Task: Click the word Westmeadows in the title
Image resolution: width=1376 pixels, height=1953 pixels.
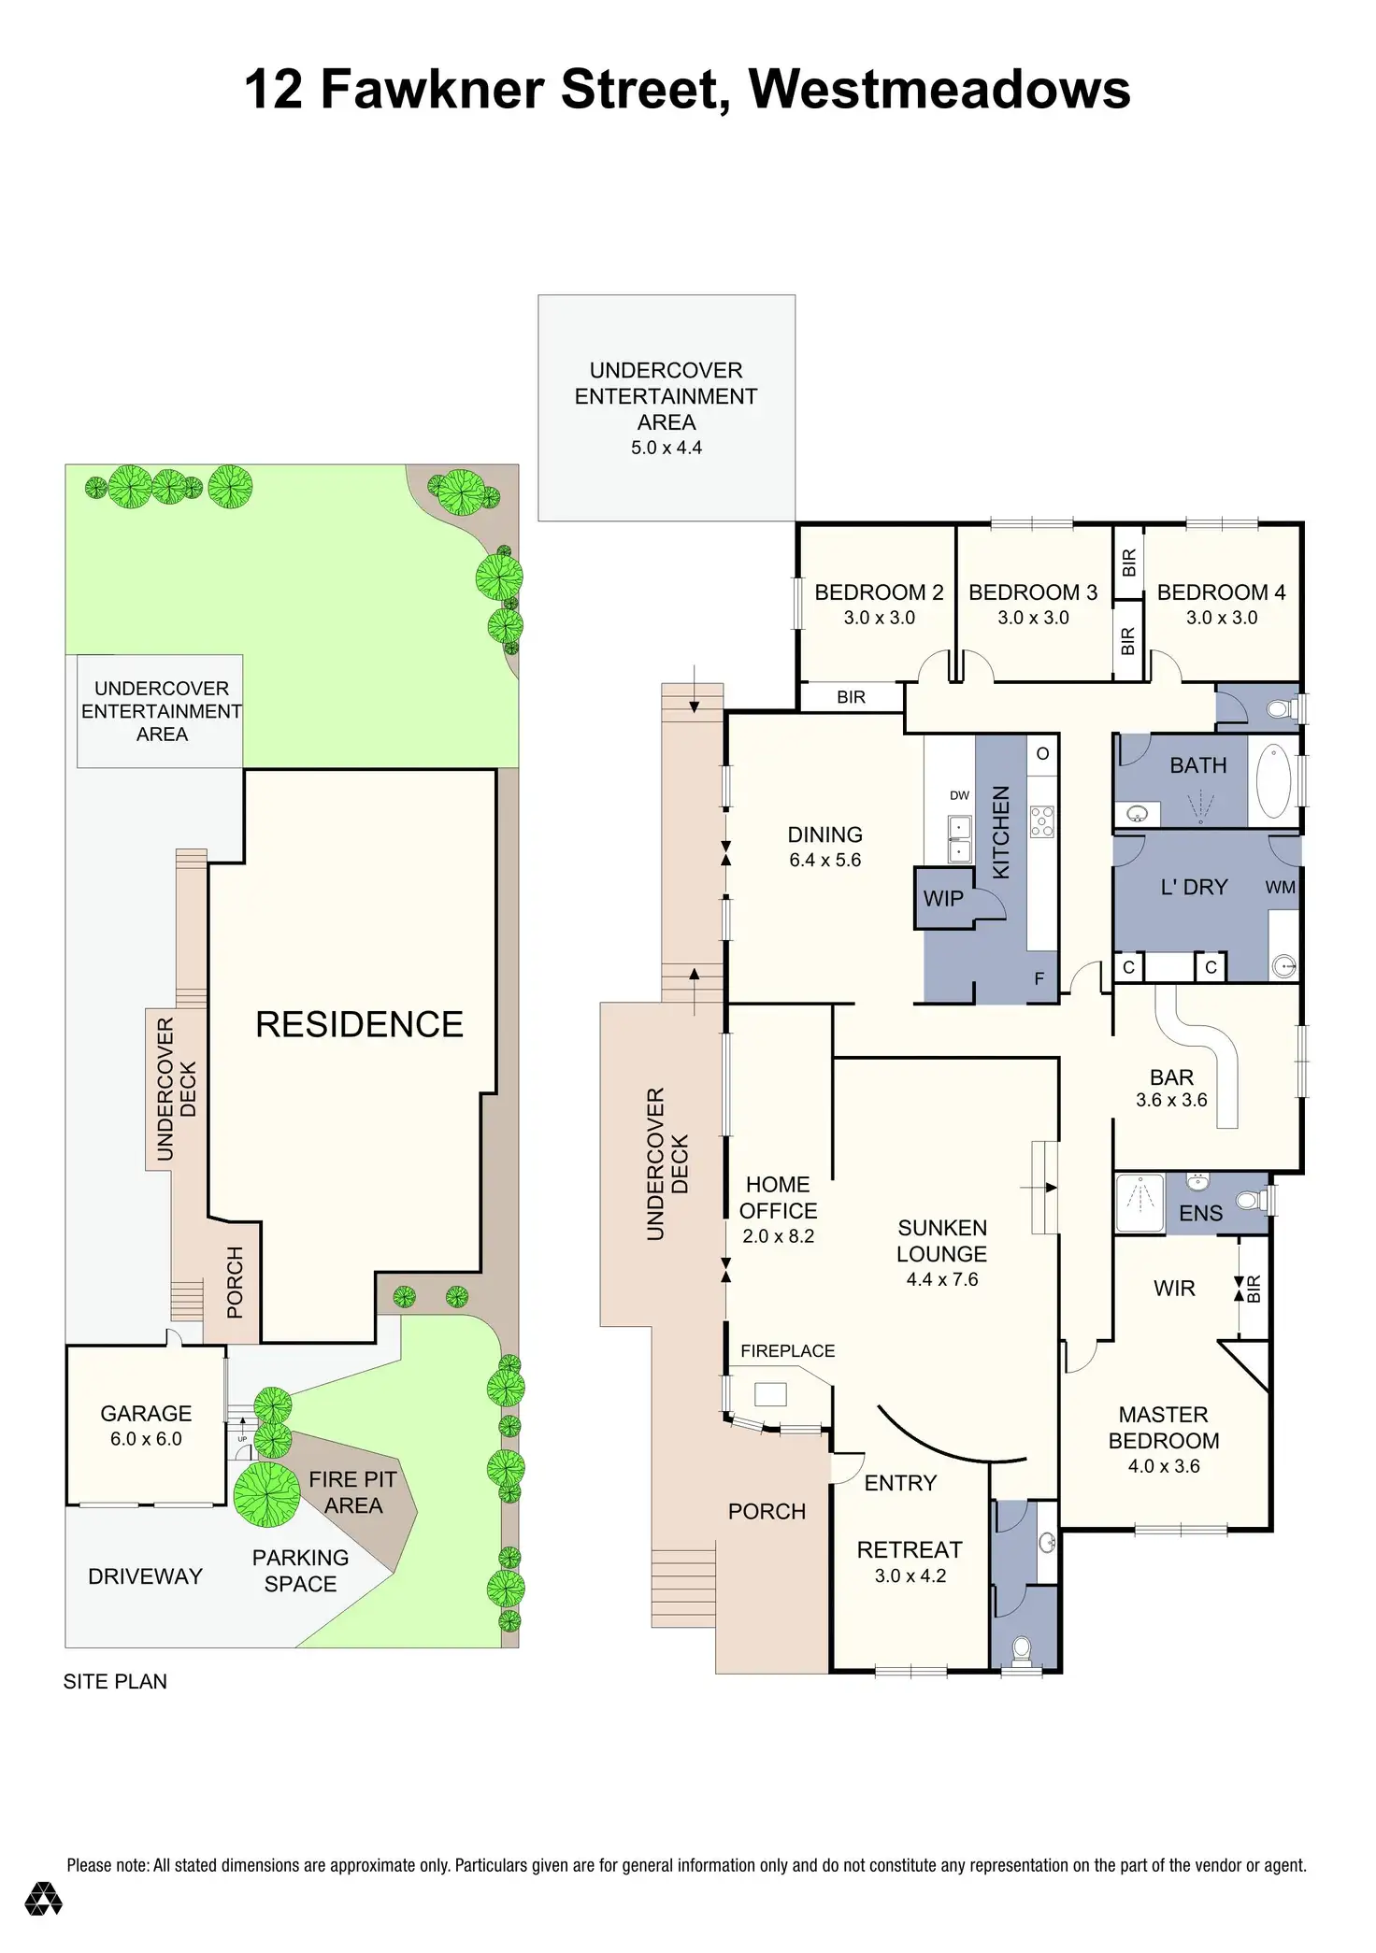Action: click(939, 90)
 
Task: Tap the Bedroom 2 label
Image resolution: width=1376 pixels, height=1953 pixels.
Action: click(879, 592)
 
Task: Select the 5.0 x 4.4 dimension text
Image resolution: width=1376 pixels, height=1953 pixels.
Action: click(666, 448)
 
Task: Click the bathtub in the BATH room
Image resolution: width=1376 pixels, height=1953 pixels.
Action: click(1273, 781)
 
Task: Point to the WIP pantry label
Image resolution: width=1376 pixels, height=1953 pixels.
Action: click(943, 899)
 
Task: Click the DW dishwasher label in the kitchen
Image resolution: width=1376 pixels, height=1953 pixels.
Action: click(959, 795)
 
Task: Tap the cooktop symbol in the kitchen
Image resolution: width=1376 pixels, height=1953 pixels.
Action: click(1042, 820)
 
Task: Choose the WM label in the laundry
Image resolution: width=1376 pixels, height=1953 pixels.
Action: click(1280, 887)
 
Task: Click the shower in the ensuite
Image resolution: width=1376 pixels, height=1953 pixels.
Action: click(1140, 1203)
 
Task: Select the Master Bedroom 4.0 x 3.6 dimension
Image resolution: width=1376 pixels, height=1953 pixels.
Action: click(1164, 1466)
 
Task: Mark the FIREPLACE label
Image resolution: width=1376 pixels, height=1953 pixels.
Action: click(787, 1351)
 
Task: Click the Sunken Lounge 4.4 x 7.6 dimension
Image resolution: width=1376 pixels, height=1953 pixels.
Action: click(941, 1279)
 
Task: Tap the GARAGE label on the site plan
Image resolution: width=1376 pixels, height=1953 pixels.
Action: click(146, 1414)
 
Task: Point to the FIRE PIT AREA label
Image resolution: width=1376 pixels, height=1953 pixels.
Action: click(353, 1492)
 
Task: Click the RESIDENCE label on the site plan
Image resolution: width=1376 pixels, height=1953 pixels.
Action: click(359, 1025)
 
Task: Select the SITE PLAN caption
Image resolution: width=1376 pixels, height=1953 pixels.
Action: click(115, 1682)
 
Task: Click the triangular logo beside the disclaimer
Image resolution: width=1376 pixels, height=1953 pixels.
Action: click(43, 1899)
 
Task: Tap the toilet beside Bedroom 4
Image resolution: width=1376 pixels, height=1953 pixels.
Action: click(1281, 708)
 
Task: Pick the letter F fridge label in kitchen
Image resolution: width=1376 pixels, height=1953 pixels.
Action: click(1039, 979)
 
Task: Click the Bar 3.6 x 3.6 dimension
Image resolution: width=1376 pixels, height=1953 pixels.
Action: click(1171, 1100)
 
